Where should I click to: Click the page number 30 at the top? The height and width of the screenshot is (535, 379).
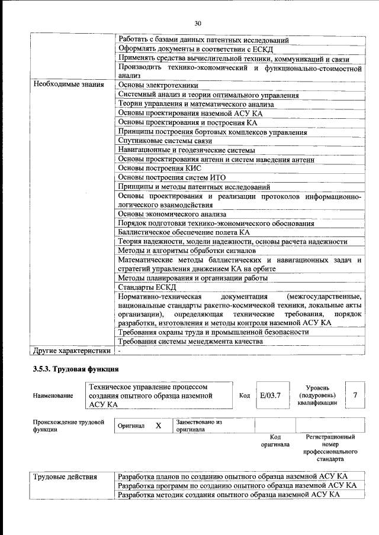click(x=198, y=23)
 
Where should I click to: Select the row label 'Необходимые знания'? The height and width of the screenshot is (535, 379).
click(x=69, y=85)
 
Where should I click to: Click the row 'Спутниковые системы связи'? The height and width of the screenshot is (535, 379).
click(x=165, y=141)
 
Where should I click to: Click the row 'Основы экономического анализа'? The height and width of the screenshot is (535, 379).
click(x=172, y=214)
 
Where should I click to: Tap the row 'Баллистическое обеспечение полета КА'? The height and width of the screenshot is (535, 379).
click(x=184, y=233)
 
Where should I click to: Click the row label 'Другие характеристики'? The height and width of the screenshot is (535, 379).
click(x=72, y=351)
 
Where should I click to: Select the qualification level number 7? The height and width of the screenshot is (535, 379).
click(x=355, y=395)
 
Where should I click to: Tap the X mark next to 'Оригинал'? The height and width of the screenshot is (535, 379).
click(x=158, y=426)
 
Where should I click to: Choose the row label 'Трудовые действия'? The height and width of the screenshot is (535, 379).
click(x=65, y=476)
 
